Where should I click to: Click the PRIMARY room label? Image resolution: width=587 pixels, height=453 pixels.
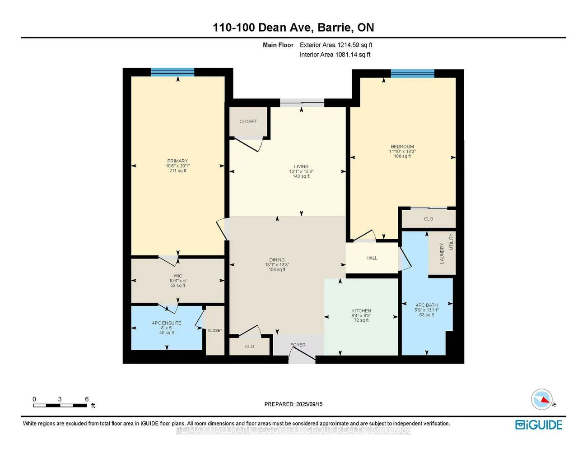[177, 161]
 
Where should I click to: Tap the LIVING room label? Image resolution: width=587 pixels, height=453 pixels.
[301, 166]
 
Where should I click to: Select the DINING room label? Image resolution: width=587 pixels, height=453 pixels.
[277, 260]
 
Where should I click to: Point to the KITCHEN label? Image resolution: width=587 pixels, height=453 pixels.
[361, 311]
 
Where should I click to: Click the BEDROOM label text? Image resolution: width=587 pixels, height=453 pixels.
[402, 147]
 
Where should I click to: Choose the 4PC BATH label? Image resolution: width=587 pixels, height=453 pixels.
[427, 305]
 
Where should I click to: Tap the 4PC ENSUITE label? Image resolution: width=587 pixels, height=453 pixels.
[167, 323]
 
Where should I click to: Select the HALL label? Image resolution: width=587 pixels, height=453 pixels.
[372, 258]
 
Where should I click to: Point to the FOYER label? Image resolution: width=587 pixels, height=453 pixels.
[298, 345]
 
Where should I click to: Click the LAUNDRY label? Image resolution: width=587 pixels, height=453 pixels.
[442, 253]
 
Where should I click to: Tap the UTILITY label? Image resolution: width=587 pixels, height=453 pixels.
[451, 242]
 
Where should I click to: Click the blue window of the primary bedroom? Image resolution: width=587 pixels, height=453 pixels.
[172, 72]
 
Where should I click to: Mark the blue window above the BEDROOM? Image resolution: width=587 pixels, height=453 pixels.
[412, 74]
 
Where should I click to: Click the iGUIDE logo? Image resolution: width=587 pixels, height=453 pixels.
[539, 425]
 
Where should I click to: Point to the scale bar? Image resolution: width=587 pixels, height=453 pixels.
[60, 405]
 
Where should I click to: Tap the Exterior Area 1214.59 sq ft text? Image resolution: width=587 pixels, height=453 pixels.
[336, 45]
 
